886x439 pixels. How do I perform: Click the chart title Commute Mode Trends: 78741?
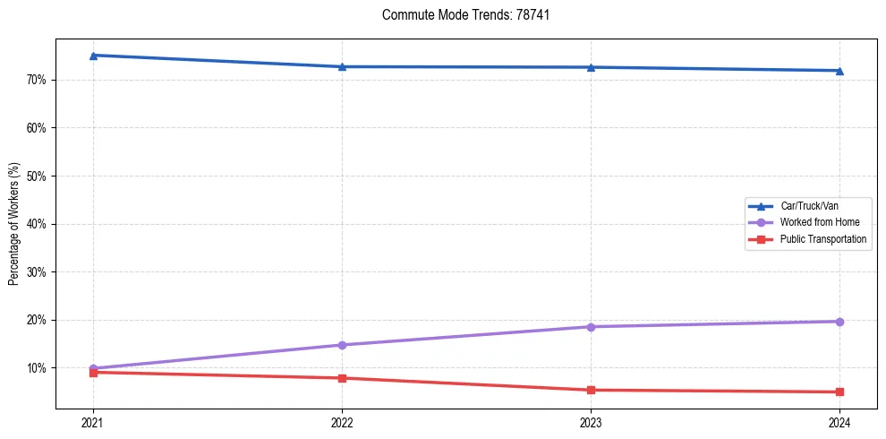443,15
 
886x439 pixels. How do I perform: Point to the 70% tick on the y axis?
37,80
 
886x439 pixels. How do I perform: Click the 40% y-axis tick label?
37,224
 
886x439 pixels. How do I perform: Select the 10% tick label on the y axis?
37,368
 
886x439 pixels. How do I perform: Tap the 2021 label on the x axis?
93,422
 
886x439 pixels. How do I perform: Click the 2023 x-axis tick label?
591,422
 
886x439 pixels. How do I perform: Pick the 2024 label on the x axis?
839,422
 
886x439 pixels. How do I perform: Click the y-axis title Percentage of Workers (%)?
14,224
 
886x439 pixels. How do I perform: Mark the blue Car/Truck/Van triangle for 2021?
93,56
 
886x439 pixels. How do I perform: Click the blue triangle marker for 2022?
342,66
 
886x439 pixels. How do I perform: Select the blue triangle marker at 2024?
839,71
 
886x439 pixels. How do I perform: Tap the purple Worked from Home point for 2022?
342,345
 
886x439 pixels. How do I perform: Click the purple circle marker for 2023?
591,327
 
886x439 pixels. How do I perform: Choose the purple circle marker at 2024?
839,322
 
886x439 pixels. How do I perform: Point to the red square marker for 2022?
342,378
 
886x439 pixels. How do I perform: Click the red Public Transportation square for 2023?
591,390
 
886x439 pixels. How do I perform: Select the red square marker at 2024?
839,392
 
